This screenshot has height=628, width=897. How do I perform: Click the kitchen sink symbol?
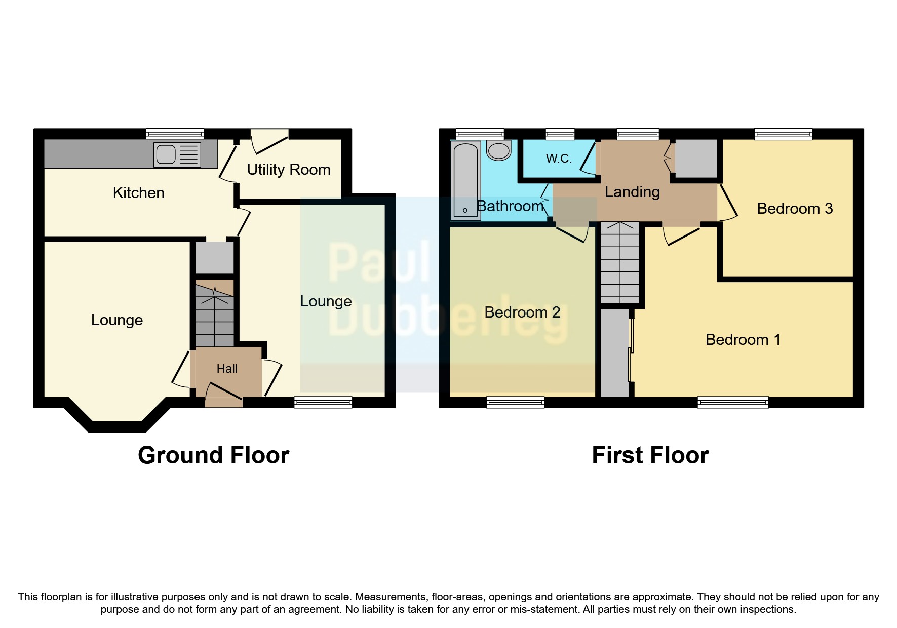[x=177, y=154]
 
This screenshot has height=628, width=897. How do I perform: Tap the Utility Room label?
[x=289, y=170]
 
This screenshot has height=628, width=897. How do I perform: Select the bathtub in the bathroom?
[x=465, y=180]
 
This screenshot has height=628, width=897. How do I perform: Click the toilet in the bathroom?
[x=499, y=150]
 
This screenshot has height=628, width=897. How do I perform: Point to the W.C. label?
[x=559, y=159]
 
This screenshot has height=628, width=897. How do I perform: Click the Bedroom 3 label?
[x=795, y=209]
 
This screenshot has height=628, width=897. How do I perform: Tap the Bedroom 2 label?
[x=522, y=312]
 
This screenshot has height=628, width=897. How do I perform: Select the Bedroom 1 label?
[x=743, y=340]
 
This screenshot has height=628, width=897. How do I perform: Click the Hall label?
[x=227, y=369]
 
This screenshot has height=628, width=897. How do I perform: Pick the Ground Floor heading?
[x=213, y=455]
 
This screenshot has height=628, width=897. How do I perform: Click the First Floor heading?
[x=650, y=455]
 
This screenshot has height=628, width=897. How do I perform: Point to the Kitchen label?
[x=139, y=193]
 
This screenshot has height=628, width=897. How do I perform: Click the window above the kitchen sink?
[x=175, y=134]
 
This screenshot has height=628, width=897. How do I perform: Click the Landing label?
[x=632, y=192]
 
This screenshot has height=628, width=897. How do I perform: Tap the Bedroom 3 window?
[x=783, y=134]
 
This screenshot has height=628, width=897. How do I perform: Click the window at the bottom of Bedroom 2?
[x=515, y=403]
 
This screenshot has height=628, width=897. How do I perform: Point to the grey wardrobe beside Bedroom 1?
[x=615, y=352]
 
